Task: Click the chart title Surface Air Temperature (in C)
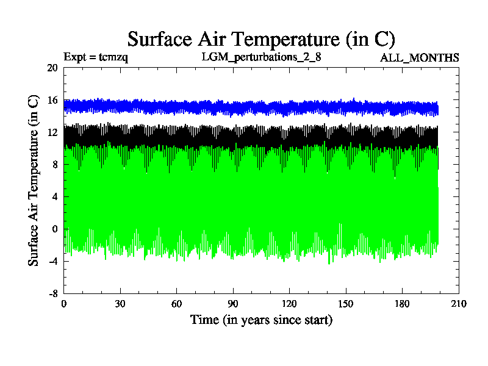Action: (x=261, y=39)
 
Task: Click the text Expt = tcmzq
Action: (x=95, y=58)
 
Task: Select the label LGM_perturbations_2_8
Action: (x=261, y=58)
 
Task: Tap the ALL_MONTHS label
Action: (x=420, y=58)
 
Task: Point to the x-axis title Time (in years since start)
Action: (x=261, y=320)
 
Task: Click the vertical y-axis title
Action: (x=34, y=180)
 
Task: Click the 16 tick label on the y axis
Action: (x=52, y=100)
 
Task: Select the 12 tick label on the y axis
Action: (x=52, y=132)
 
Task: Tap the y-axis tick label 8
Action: (x=54, y=165)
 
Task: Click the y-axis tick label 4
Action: (x=54, y=197)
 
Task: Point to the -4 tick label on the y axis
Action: (x=52, y=261)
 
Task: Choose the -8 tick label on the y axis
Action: (x=52, y=293)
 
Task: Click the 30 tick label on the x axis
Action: (x=120, y=304)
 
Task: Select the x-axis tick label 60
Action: (x=176, y=304)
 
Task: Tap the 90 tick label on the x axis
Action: (x=233, y=304)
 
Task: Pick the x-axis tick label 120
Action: (x=289, y=304)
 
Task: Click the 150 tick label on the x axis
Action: (x=346, y=304)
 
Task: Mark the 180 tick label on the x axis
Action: (x=402, y=304)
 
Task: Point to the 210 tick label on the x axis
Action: (x=459, y=304)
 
